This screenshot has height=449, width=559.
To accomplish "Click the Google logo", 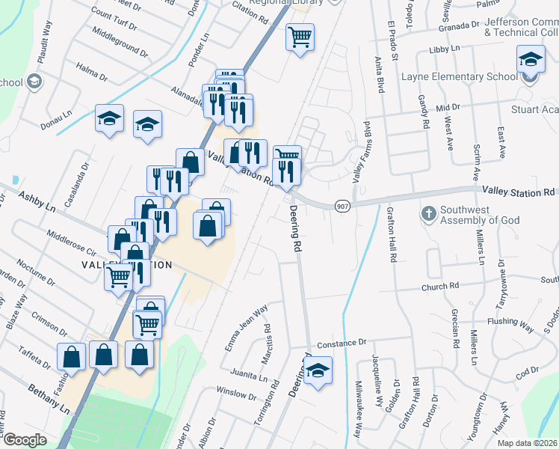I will [25, 440].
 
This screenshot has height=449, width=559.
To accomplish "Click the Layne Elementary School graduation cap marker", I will [531, 60].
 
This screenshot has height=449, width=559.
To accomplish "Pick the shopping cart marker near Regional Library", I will [300, 36].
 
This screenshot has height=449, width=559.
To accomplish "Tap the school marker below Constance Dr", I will [318, 370].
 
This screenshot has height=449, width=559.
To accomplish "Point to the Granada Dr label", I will [460, 25].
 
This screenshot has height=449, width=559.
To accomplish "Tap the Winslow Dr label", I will [236, 393].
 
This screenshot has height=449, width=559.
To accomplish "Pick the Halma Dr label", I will [93, 73].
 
